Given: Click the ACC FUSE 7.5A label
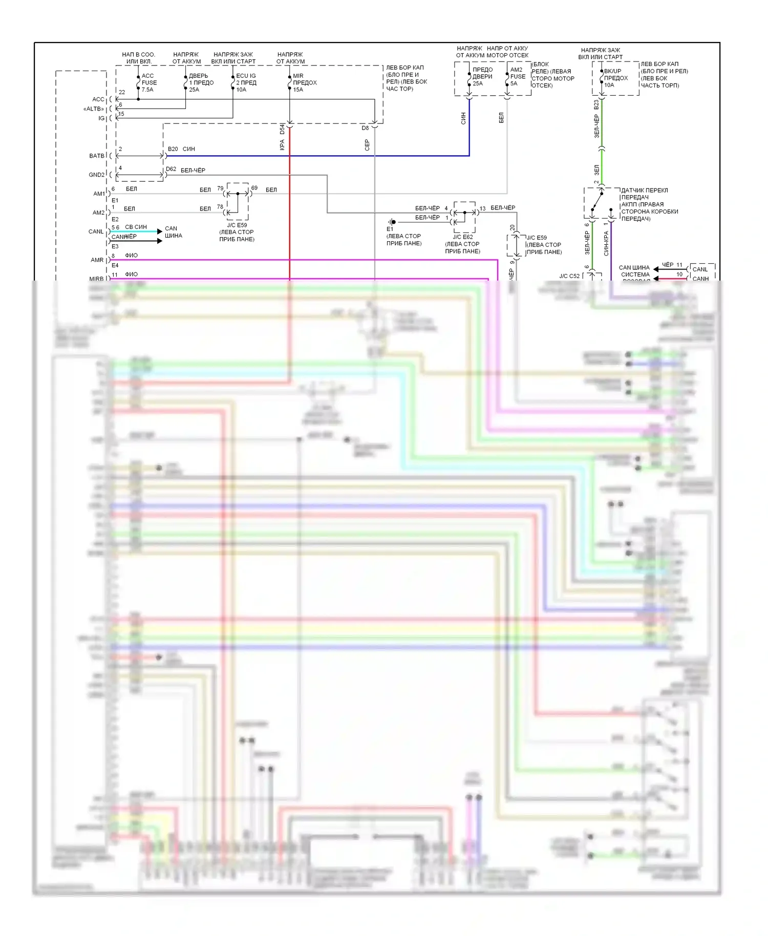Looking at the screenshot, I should [148, 82].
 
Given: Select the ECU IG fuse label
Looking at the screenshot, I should [246, 82].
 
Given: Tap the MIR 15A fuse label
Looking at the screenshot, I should [304, 82].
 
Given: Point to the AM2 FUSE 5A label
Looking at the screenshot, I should [517, 76].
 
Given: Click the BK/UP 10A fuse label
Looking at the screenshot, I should [615, 78].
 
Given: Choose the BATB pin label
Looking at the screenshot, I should [97, 156].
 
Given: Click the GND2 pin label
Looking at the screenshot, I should [97, 175].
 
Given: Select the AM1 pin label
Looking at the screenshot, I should [99, 194].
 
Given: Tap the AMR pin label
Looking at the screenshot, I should [97, 260].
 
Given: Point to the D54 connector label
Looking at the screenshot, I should [282, 130].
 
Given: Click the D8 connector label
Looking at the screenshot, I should [365, 128].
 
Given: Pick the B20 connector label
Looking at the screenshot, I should [173, 149].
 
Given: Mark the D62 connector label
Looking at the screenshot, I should [171, 169].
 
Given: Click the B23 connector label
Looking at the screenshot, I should [596, 104].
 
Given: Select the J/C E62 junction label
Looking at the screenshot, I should [462, 237].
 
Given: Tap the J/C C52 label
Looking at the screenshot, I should [569, 276].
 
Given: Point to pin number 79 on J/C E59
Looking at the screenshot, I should [220, 188].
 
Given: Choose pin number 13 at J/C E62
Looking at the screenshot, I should [482, 208].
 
